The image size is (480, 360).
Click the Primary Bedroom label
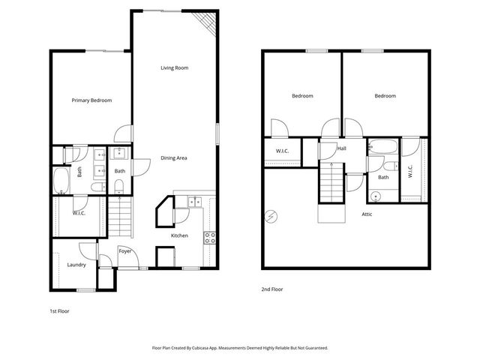pyautogui.click(x=91, y=100)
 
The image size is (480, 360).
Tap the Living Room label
pyautogui.click(x=174, y=67)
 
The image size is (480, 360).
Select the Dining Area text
pyautogui.click(x=174, y=157)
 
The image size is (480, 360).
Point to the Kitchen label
pyautogui.click(x=179, y=235)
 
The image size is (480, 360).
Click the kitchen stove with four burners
pyautogui.click(x=211, y=238)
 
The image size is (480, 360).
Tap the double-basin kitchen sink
pyautogui.click(x=194, y=201)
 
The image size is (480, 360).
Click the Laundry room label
pyautogui.click(x=76, y=264)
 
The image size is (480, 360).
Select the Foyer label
pyautogui.click(x=125, y=250)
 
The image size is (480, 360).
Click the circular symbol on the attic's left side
pyautogui.click(x=270, y=217)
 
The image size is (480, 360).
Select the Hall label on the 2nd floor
pyautogui.click(x=342, y=148)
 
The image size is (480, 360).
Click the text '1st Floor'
pyautogui.click(x=58, y=310)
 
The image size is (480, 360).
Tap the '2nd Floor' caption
pyautogui.click(x=271, y=289)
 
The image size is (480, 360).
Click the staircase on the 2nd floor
pyautogui.click(x=330, y=183)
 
